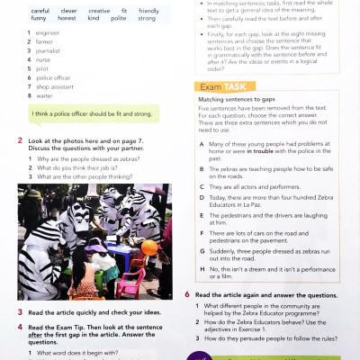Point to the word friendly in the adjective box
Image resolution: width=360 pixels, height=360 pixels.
[x=148, y=10]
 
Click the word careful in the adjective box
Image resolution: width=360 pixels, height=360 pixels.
[x=40, y=10]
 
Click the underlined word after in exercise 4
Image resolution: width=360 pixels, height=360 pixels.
[x=39, y=335]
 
